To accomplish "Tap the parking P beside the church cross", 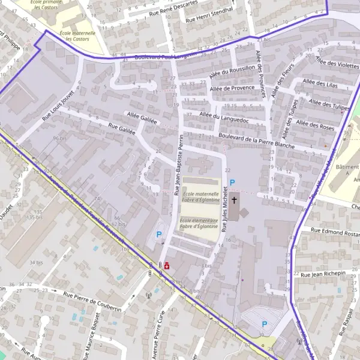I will click(233, 182).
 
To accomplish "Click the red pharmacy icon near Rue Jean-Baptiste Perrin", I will click(166, 265).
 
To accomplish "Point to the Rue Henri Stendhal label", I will click(209, 17).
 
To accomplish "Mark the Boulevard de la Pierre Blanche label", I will click(257, 141).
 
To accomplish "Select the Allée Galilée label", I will click(142, 116).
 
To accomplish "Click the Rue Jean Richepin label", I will click(324, 274).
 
